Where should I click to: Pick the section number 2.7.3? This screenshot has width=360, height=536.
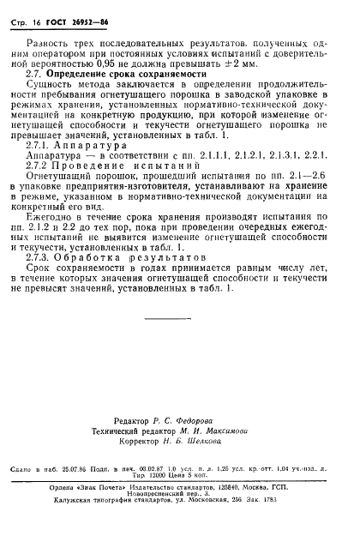[50, 279]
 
